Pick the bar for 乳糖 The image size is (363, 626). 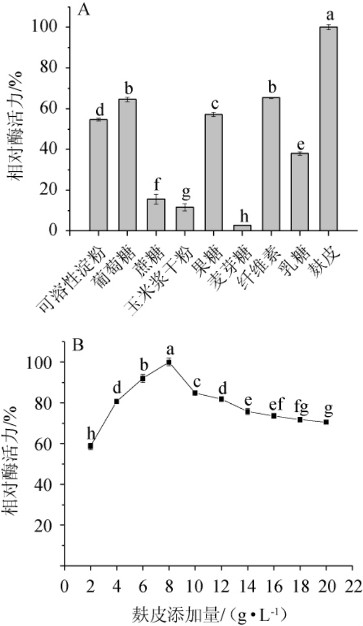click(299, 192)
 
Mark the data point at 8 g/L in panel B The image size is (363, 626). click(169, 362)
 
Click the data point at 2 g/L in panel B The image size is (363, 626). click(90, 446)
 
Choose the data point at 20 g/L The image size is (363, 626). click(326, 422)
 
